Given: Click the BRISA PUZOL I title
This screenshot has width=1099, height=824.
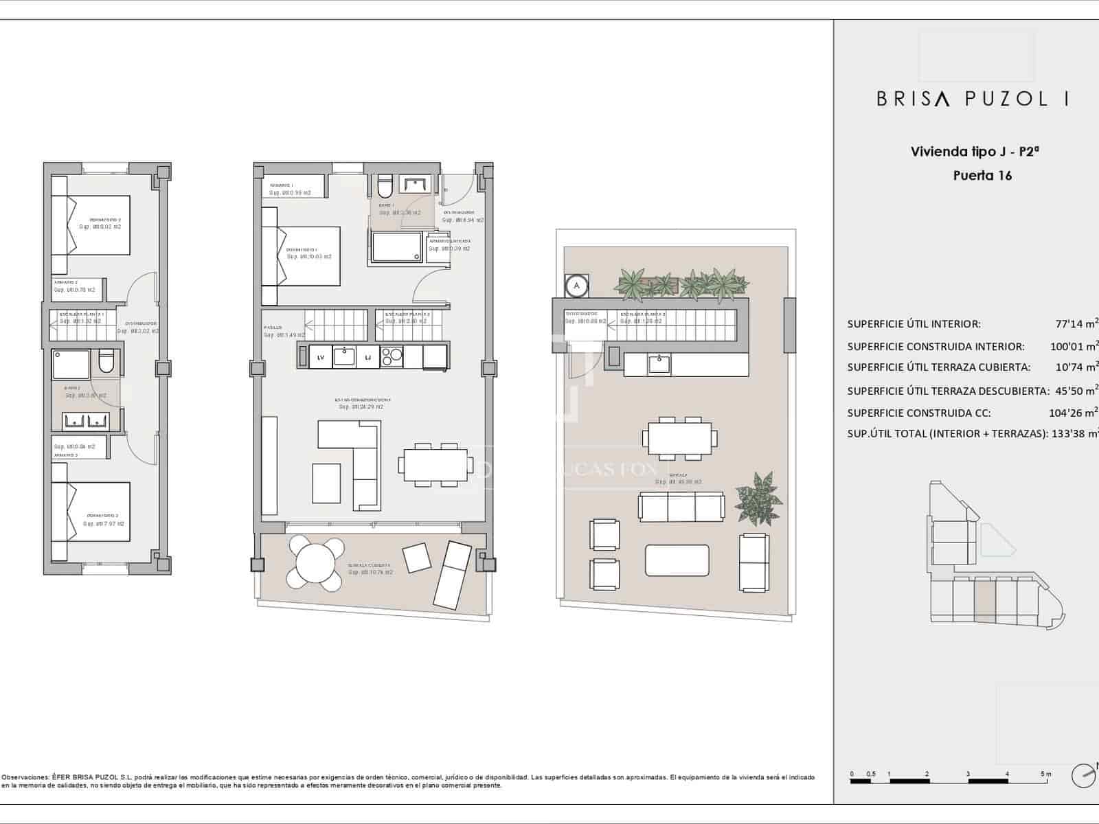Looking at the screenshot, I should tap(972, 99).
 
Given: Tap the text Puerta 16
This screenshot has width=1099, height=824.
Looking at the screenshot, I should tap(982, 175).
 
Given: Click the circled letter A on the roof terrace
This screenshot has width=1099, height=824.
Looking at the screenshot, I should tap(577, 285).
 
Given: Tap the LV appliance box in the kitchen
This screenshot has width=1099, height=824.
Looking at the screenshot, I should tap(320, 357).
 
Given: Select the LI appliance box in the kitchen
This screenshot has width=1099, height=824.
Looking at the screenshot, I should tap(367, 357).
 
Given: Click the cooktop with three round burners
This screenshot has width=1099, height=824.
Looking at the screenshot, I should tap(392, 357).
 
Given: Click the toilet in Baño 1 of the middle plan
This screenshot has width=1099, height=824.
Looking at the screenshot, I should tap(384, 185).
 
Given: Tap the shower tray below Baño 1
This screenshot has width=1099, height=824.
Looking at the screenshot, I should tap(398, 247).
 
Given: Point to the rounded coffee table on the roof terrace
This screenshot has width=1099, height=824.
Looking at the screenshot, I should tap(677, 560).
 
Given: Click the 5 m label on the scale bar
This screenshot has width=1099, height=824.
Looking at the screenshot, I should tap(1045, 774).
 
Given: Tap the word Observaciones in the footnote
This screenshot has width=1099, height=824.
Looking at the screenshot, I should tap(25, 777).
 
